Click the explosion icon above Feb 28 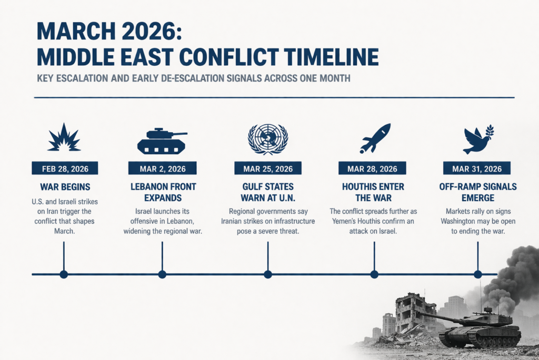pos(64,138)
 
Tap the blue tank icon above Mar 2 pos(162,141)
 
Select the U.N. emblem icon pos(268,139)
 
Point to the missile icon pos(375,138)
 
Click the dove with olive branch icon pos(478,139)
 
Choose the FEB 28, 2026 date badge pos(65,168)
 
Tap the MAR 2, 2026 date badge pos(163,168)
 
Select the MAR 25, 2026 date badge pos(268,168)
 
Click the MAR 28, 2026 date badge pos(372,168)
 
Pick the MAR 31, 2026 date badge pos(477,168)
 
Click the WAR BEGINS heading pos(65,187)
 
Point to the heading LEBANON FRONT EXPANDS pos(163,192)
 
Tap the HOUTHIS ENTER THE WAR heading pos(373,192)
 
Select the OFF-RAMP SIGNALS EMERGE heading pos(478,192)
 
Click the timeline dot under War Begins pos(64,274)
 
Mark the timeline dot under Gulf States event pos(268,274)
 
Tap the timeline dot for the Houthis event pos(374,274)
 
